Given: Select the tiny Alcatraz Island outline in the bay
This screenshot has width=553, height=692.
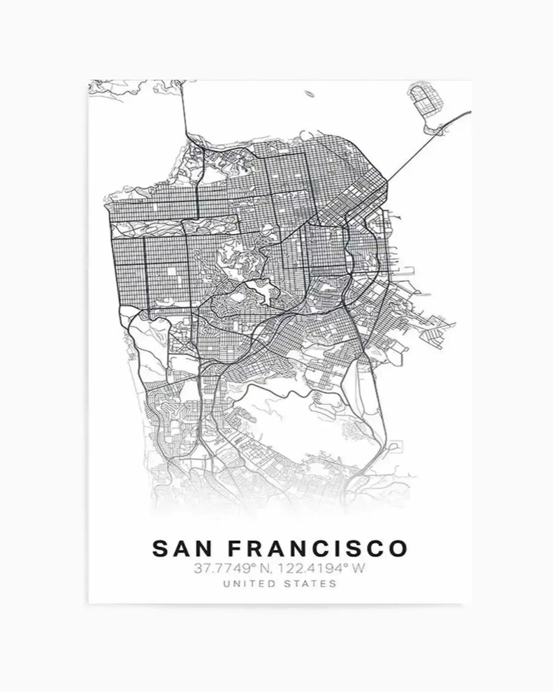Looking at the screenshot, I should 308,95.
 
